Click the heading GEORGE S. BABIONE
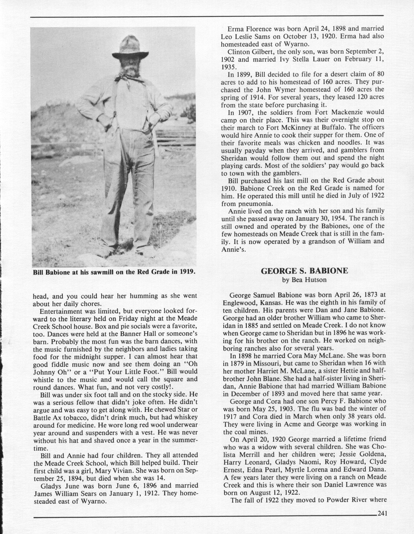coord(304,271)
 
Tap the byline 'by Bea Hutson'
coord(304,280)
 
